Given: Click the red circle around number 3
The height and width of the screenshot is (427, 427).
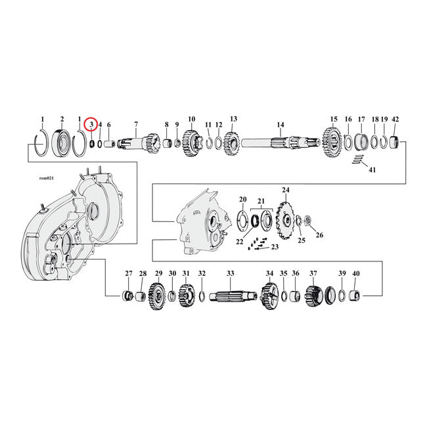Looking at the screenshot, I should (91, 123).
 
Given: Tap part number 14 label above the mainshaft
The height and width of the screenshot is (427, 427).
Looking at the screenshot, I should (280, 124).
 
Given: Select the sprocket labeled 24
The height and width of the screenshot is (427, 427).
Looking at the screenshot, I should (285, 217).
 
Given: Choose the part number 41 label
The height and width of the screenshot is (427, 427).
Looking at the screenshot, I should (372, 169).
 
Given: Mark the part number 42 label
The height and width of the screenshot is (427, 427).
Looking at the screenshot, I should (395, 120).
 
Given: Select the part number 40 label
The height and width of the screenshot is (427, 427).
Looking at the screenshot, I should (356, 273).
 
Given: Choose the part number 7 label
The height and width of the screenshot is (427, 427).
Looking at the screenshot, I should (136, 124).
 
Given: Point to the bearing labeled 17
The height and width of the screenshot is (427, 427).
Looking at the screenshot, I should (361, 142).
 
